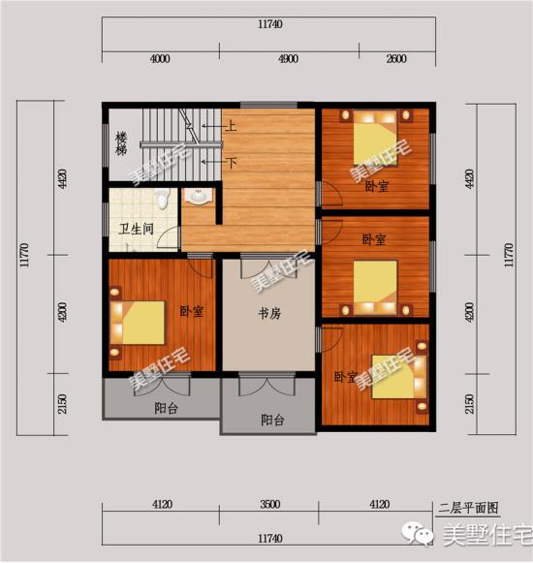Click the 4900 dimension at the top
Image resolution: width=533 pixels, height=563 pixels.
pos(289,59)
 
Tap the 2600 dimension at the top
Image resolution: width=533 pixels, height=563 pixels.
pos(395,59)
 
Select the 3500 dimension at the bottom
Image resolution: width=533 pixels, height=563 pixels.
pos(270,504)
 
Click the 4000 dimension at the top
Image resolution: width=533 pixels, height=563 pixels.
pos(160,59)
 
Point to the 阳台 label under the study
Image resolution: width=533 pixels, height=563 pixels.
pos(273,421)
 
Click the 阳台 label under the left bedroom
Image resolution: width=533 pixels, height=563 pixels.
pos(166,408)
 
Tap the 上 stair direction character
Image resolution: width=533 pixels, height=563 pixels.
pos(233,125)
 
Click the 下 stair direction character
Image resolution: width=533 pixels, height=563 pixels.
pos(233,162)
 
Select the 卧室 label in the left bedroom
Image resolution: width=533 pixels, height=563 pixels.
pos(192,312)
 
